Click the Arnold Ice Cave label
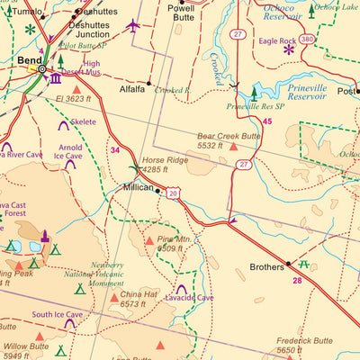[x=70, y=151]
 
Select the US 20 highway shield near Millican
[x=172, y=192]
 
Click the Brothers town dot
[x=289, y=264]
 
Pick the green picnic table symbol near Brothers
[x=304, y=265]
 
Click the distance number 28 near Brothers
[x=297, y=280]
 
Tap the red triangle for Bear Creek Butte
[x=235, y=146]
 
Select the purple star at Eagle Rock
[x=289, y=49]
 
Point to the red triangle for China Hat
[x=114, y=295]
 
